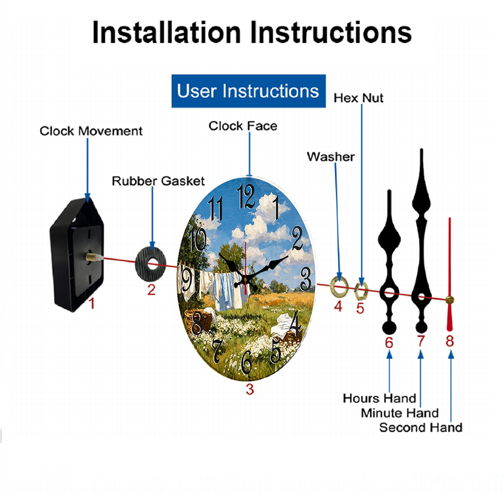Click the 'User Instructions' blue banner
(248, 91)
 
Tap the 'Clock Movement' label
(91, 131)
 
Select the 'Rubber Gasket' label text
(158, 181)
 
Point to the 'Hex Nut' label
(358, 98)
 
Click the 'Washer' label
(331, 157)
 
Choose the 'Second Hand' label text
(421, 427)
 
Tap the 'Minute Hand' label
(400, 413)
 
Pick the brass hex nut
(361, 291)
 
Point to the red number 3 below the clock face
(250, 389)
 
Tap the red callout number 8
(450, 341)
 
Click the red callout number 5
(360, 308)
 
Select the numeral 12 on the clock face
(245, 196)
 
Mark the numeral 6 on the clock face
(246, 362)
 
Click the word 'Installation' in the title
(166, 32)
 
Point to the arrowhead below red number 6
(389, 354)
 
